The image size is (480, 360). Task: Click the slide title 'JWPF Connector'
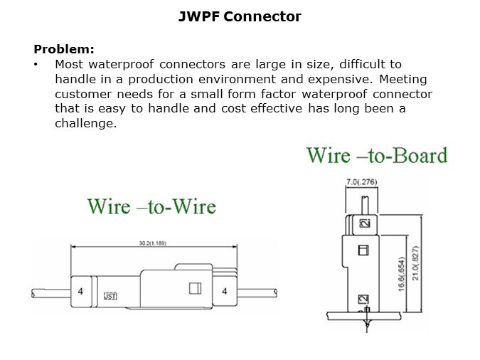(240, 16)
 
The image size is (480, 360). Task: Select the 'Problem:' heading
(64, 49)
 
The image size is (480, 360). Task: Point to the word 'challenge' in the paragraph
(85, 123)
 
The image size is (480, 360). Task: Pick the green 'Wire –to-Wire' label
(151, 206)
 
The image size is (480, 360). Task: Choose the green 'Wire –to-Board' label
(377, 155)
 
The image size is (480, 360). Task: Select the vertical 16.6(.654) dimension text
(402, 272)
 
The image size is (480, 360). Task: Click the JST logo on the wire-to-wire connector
(111, 295)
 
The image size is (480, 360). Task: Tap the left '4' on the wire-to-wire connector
(80, 291)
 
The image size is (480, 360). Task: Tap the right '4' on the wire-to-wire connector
(225, 291)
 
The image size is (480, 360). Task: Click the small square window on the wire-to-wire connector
(193, 288)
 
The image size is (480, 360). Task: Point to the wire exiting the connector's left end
(50, 292)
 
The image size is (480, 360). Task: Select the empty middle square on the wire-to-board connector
(361, 250)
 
